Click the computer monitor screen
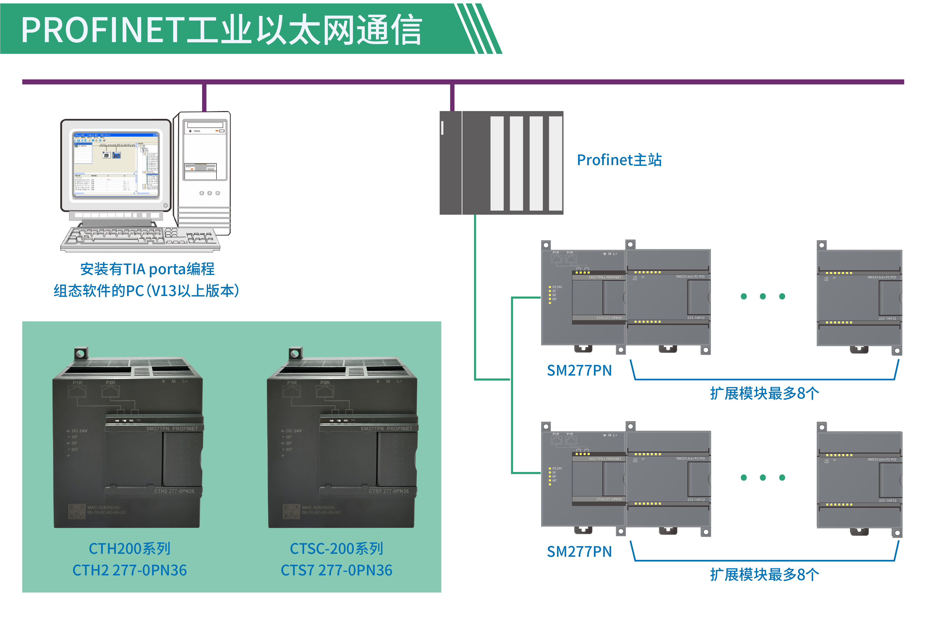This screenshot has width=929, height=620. (x=116, y=164)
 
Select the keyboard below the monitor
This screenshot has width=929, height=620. (x=140, y=237)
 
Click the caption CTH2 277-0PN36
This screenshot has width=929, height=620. (x=130, y=570)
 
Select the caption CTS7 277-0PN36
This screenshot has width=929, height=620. (x=337, y=570)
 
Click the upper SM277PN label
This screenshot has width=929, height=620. (x=579, y=371)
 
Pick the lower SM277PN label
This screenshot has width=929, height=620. (x=579, y=552)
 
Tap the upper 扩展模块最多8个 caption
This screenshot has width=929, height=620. (x=764, y=393)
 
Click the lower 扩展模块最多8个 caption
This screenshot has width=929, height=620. (x=764, y=575)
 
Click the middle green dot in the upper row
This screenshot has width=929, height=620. (x=763, y=296)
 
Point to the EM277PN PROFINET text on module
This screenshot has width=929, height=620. (x=386, y=429)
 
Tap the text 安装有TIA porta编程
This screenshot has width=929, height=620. (x=147, y=269)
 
